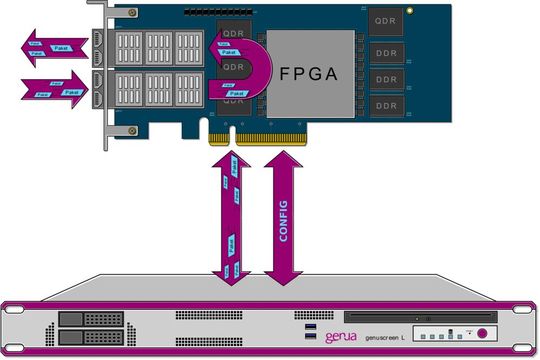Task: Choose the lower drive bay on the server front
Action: [x=85, y=337]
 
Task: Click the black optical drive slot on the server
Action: [x=455, y=318]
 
